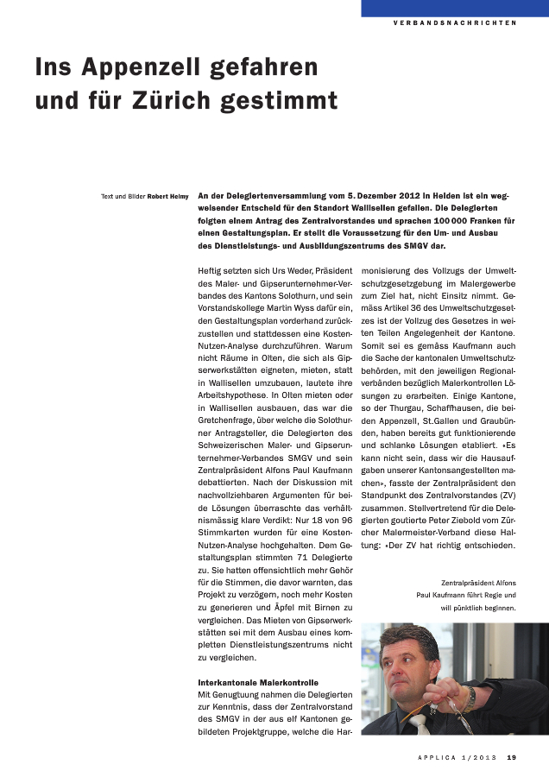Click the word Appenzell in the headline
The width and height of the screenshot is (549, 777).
pyautogui.click(x=156, y=66)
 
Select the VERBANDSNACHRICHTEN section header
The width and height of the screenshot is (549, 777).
pyautogui.click(x=454, y=23)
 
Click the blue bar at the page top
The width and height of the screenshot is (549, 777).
pyautogui.click(x=454, y=8)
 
